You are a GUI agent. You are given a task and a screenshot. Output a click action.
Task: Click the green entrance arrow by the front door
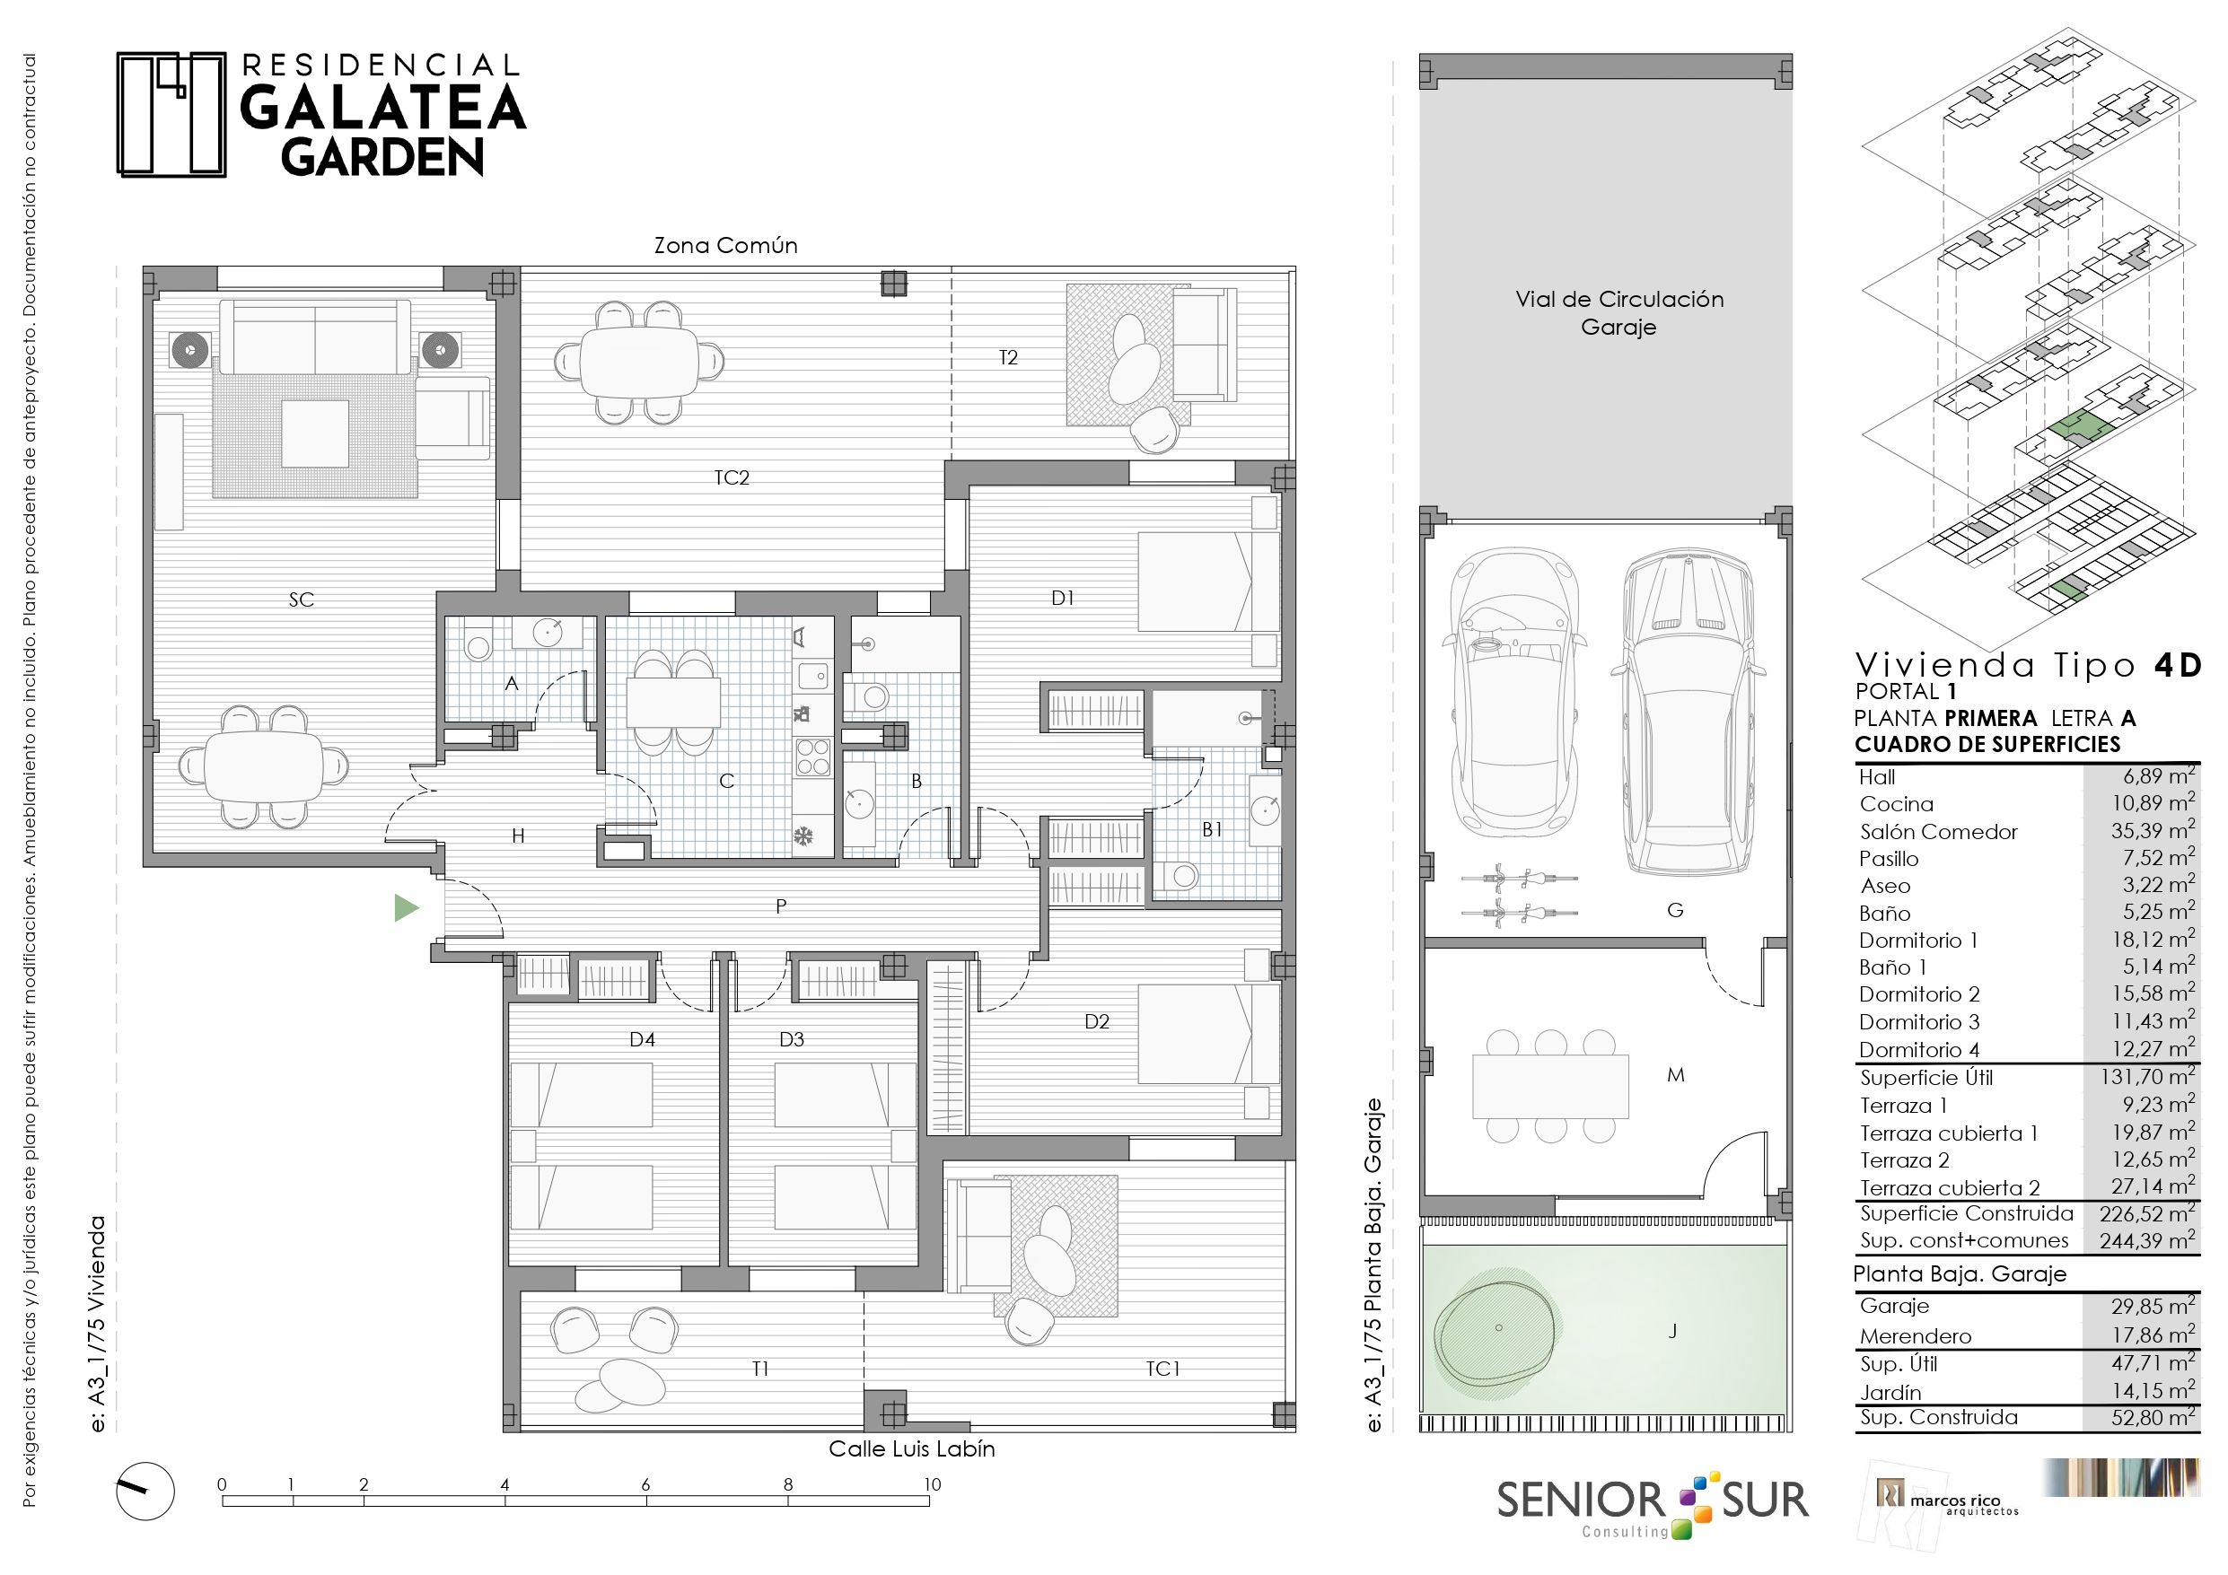click(406, 907)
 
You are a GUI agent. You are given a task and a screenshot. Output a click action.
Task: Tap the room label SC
click(301, 599)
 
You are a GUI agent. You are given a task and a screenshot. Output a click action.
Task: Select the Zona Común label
click(726, 246)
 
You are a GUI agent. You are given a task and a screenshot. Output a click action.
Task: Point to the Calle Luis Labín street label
click(911, 1448)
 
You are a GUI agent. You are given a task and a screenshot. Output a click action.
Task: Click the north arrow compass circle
click(145, 1491)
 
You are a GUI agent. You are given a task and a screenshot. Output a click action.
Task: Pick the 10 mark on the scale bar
click(932, 1483)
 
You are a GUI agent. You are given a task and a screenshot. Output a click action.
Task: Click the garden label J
click(1673, 1332)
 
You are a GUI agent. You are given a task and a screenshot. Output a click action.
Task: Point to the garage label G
click(1675, 910)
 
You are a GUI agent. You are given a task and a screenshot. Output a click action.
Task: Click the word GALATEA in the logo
click(382, 108)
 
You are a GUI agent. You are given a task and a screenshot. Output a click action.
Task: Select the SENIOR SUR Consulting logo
click(1653, 1503)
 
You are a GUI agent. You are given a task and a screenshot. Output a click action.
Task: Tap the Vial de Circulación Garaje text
click(1619, 312)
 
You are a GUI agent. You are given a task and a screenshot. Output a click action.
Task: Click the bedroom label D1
click(1063, 598)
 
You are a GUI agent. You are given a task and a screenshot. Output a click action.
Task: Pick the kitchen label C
click(726, 781)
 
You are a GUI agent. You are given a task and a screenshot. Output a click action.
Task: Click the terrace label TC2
click(732, 477)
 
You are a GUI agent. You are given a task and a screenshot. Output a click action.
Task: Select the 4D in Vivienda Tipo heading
click(2178, 665)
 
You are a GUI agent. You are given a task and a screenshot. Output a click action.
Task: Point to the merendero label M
click(1675, 1074)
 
